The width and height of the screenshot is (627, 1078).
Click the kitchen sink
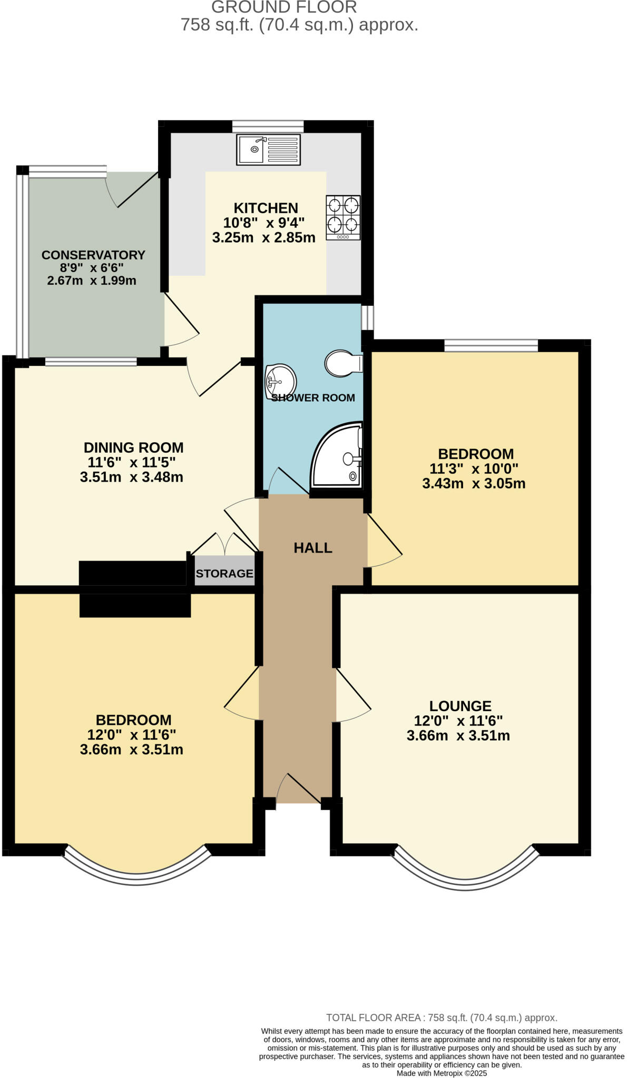(268, 149)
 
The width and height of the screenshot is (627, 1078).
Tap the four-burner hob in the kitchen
(343, 217)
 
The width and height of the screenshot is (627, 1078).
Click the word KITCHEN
(266, 208)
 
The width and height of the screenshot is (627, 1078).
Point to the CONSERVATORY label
(93, 255)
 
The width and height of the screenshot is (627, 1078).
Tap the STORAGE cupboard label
(224, 573)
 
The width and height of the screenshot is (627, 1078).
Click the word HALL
(313, 548)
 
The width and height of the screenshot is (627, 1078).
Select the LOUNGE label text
(460, 706)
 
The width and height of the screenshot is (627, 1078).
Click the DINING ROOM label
(134, 448)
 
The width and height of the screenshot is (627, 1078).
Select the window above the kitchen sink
(268, 126)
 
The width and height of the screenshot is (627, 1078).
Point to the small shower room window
(367, 317)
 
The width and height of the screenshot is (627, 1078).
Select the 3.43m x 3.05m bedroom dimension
(474, 483)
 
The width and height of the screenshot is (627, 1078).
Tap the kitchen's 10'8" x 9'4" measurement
(263, 223)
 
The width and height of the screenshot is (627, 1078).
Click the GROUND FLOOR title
(284, 7)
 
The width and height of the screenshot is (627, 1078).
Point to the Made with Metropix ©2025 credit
(442, 1073)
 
